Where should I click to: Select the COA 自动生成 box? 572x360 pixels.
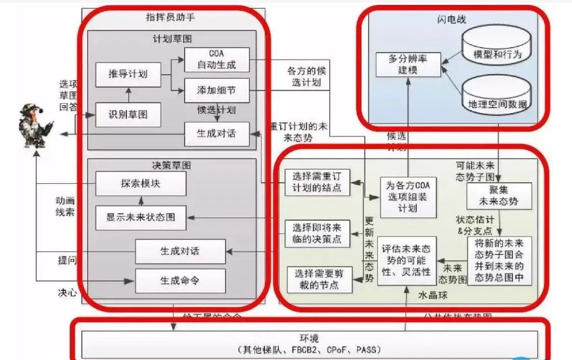pos(217,59)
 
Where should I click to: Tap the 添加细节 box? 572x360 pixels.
pos(217,90)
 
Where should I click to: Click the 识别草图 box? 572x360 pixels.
pos(128,115)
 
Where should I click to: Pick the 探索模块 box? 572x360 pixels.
pos(141,184)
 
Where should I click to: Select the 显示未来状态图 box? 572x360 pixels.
pos(141,217)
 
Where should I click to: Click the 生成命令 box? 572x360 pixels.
pos(180,281)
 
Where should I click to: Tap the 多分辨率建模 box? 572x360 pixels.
pos(409,64)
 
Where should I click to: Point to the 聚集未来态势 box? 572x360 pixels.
pos(499,196)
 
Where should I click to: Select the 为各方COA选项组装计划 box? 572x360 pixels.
pos(408,197)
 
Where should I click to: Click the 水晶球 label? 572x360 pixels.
pos(433,295)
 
